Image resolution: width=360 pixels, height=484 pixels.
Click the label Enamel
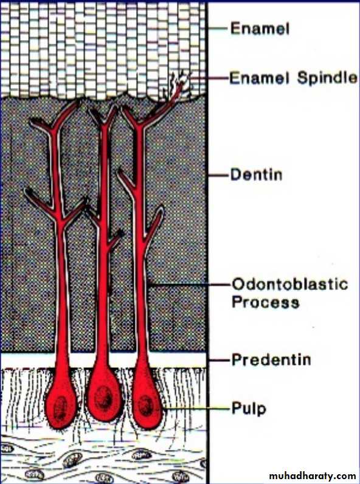[x=260, y=29]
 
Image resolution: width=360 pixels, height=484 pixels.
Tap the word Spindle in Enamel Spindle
[x=327, y=77]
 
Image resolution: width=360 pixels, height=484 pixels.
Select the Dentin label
[x=256, y=175]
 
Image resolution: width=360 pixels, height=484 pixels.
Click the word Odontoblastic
[x=289, y=284]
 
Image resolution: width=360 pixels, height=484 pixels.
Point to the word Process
[x=265, y=302]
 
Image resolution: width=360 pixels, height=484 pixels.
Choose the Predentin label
[x=271, y=359]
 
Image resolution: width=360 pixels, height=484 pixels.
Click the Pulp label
[x=249, y=409]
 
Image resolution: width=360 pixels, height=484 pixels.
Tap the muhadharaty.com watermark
[x=313, y=475]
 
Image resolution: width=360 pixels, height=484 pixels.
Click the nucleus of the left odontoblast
[x=60, y=408]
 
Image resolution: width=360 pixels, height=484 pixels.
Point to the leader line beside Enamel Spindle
[x=209, y=78]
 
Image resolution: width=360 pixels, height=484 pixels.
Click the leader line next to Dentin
[x=219, y=175]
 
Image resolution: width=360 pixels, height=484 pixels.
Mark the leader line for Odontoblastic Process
[x=189, y=285]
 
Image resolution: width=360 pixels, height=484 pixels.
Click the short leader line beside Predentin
[x=220, y=360]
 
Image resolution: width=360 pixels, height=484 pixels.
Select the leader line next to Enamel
[x=219, y=29]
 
